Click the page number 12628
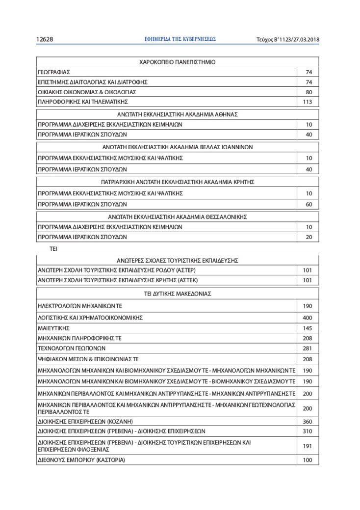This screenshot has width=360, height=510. [45, 40]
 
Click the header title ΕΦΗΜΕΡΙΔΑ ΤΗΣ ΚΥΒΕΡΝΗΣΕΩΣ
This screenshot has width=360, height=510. [180, 39]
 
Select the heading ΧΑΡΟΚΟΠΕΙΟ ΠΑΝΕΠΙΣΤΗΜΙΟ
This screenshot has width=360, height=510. [177, 62]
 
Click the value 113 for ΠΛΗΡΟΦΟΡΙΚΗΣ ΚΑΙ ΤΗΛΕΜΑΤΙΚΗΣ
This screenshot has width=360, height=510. [308, 102]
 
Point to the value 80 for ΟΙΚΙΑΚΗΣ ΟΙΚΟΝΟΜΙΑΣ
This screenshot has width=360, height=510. [309, 92]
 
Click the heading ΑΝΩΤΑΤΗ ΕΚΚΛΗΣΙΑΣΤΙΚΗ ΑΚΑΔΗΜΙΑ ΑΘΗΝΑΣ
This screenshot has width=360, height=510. [177, 114]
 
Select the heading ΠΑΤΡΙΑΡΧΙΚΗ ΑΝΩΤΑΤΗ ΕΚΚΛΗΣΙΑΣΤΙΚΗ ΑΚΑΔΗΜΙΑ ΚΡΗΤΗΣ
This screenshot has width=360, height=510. [177, 182]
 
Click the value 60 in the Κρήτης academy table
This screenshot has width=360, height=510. [309, 204]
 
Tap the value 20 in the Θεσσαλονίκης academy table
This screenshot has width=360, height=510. [309, 237]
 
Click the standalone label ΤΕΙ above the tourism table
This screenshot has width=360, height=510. [53, 249]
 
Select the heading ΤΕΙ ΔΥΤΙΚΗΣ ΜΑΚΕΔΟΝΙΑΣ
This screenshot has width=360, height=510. [177, 294]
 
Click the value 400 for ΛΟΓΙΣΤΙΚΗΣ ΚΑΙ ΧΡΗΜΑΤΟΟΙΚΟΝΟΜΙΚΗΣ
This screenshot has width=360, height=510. [308, 318]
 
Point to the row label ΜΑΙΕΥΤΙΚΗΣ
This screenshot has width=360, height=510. [53, 328]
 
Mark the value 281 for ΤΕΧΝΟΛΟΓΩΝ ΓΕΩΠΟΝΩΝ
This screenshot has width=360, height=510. [308, 348]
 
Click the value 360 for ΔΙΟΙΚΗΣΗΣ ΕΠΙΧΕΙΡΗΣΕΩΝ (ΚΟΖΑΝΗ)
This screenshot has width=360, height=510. [308, 422]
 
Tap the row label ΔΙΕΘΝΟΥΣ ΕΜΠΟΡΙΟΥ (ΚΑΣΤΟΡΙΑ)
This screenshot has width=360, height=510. [81, 460]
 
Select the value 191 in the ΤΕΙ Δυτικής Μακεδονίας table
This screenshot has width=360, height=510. [308, 446]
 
